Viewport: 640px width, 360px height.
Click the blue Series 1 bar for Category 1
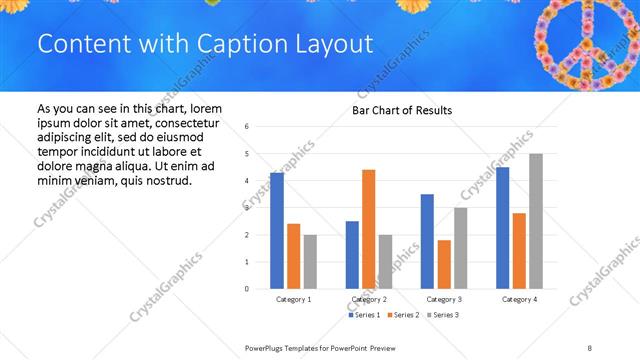(x=277, y=231)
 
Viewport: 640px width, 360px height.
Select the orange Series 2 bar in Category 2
(x=369, y=229)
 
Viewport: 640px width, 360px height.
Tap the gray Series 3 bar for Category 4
(x=536, y=221)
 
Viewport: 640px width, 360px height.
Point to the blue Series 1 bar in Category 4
(x=503, y=228)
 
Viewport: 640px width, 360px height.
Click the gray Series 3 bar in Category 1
(x=310, y=262)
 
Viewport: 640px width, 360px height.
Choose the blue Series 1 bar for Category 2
(x=352, y=255)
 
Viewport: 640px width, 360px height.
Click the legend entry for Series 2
(x=403, y=315)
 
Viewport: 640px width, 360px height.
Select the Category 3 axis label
(x=443, y=299)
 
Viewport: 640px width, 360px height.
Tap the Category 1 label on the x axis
(x=293, y=299)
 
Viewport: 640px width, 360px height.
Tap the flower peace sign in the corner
(x=582, y=43)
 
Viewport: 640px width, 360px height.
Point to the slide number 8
(x=590, y=347)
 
